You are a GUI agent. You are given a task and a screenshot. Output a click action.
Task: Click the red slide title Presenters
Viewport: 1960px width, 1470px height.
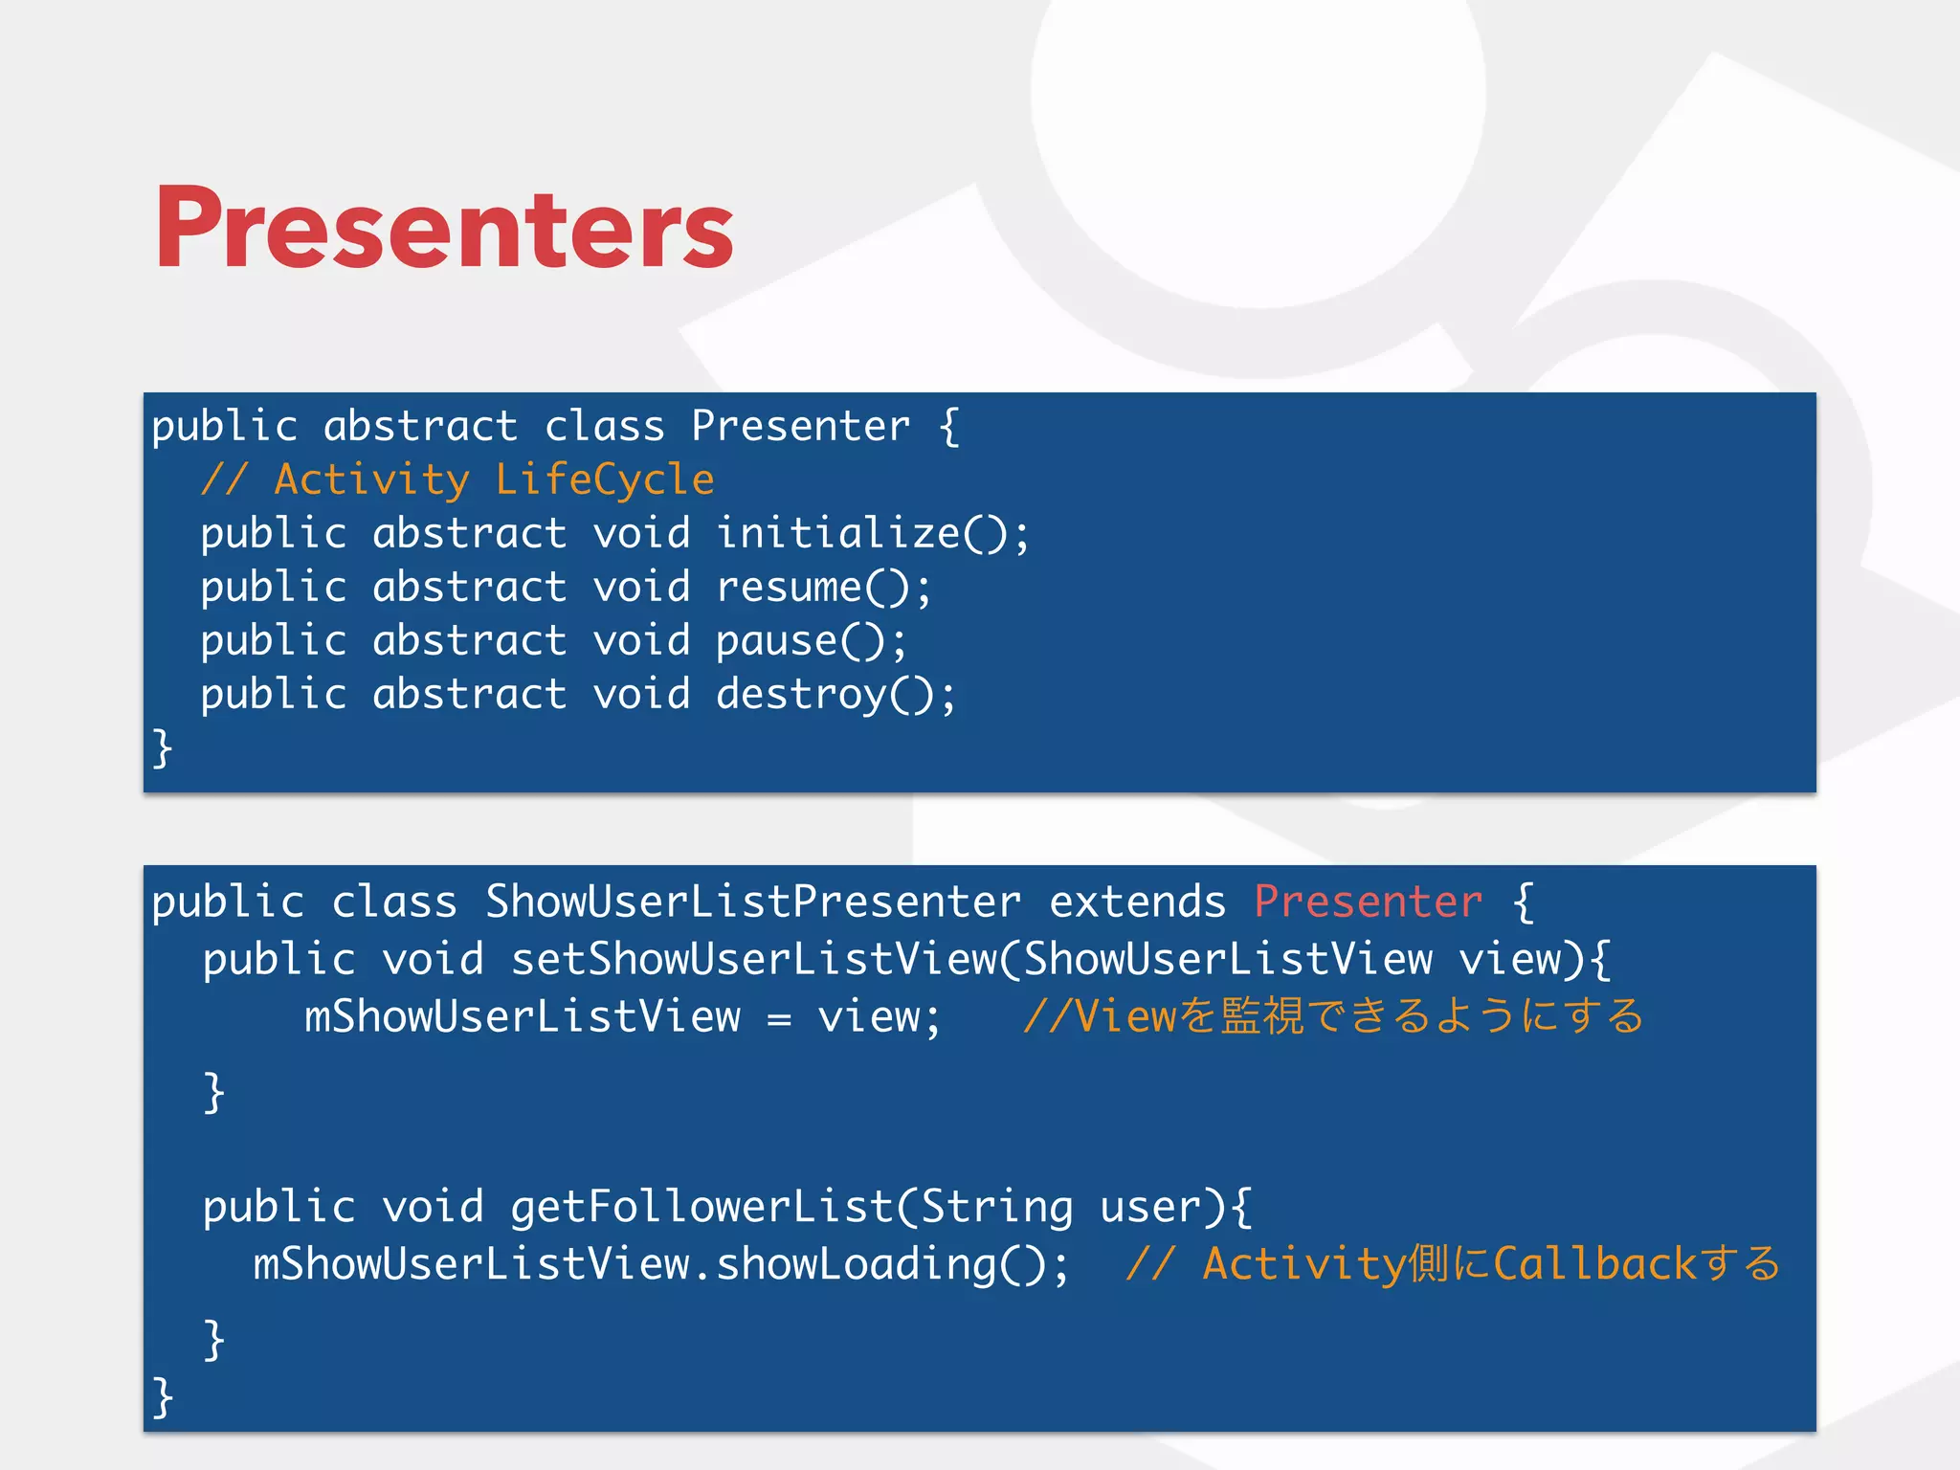pyautogui.click(x=444, y=228)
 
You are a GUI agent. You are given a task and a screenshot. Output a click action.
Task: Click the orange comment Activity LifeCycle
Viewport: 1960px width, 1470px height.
pyautogui.click(x=457, y=479)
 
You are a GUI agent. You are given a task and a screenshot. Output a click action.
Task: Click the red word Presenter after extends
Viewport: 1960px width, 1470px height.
pyautogui.click(x=1368, y=902)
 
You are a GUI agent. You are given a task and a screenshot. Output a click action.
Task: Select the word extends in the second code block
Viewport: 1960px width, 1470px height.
pyautogui.click(x=1137, y=902)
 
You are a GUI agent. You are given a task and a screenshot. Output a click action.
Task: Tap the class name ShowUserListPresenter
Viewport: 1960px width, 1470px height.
pyautogui.click(x=753, y=902)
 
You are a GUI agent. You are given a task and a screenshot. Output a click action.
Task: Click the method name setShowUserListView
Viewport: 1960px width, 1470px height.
pyautogui.click(x=753, y=959)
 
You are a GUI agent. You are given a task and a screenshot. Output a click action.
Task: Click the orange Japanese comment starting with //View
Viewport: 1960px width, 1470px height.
pyautogui.click(x=1332, y=1016)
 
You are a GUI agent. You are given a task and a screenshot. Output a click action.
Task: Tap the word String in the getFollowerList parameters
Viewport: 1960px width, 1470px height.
pyautogui.click(x=996, y=1206)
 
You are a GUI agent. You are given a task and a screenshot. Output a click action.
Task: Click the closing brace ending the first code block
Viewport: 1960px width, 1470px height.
pyautogui.click(x=163, y=747)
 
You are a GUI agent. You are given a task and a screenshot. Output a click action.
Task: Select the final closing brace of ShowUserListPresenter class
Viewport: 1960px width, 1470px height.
pyautogui.click(x=163, y=1397)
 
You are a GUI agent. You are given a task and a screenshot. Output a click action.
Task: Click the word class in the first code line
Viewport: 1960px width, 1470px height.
pyautogui.click(x=604, y=426)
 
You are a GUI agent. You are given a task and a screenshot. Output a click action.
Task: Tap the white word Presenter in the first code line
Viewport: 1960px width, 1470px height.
pyautogui.click(x=800, y=426)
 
